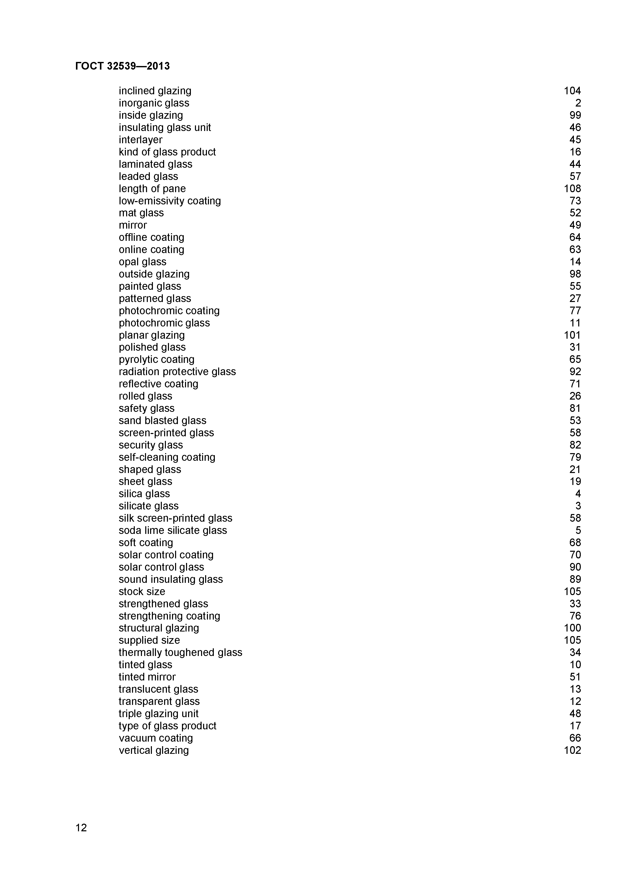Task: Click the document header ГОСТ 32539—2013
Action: tap(122, 66)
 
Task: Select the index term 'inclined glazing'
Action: tap(155, 91)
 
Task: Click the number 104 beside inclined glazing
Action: tap(572, 91)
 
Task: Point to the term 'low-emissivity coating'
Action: tap(170, 201)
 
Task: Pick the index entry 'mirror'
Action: tap(133, 225)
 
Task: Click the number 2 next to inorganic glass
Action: tap(578, 103)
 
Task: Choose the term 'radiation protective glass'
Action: tap(177, 372)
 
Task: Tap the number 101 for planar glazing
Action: tap(572, 335)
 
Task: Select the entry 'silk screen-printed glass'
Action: tap(175, 518)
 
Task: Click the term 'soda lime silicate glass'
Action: tap(173, 530)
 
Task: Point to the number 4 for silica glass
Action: tap(578, 494)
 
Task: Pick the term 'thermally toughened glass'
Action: tap(180, 653)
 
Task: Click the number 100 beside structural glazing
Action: tap(572, 628)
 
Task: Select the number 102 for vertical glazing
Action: tap(572, 750)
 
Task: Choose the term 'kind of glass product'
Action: tap(167, 152)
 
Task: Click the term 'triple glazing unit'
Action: tap(159, 714)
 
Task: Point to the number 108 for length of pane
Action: tap(572, 188)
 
